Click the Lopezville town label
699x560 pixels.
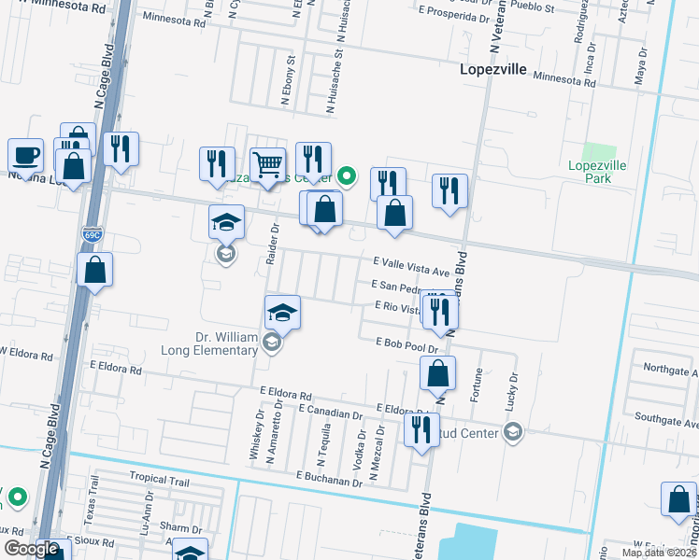pyautogui.click(x=493, y=69)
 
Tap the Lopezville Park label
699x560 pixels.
pyautogui.click(x=595, y=172)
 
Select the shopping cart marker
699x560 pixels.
pyautogui.click(x=268, y=166)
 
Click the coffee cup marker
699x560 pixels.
pyautogui.click(x=25, y=155)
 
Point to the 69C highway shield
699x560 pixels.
pyautogui.click(x=92, y=234)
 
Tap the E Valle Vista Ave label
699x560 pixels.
pyautogui.click(x=411, y=268)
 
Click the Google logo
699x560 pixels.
pyautogui.click(x=31, y=549)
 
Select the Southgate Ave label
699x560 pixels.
pyautogui.click(x=664, y=420)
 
